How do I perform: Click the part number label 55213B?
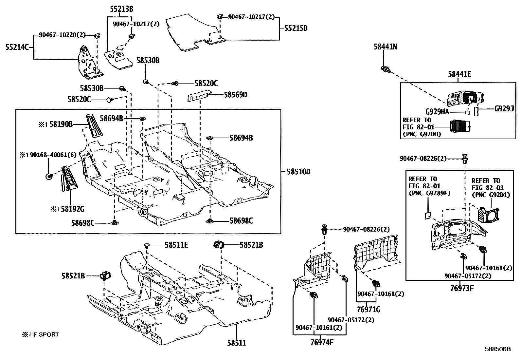click(121, 9)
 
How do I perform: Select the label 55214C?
click(17, 47)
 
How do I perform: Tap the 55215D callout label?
click(296, 28)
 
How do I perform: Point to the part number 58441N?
click(386, 47)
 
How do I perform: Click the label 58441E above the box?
click(459, 74)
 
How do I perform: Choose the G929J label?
click(504, 109)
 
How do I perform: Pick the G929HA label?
click(437, 112)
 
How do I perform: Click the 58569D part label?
click(235, 95)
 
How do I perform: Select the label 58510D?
click(298, 172)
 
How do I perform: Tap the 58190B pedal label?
click(61, 124)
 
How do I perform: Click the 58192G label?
click(73, 209)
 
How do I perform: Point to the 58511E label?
click(176, 245)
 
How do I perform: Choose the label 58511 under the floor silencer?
click(237, 343)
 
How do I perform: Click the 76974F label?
click(322, 343)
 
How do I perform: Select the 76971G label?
click(368, 310)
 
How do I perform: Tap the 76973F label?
click(462, 289)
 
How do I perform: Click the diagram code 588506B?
click(498, 349)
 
